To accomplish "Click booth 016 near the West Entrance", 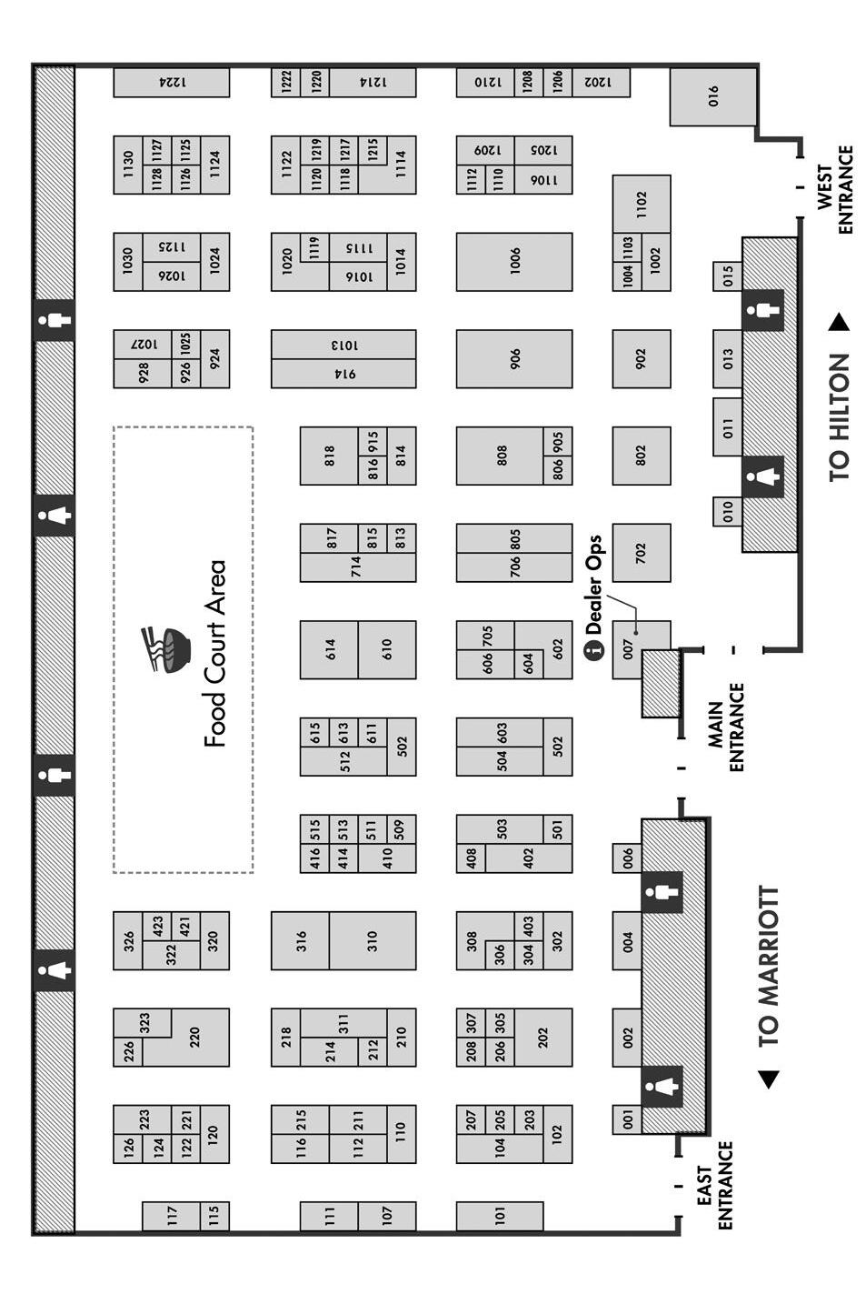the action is [712, 95].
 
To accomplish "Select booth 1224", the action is [171, 82].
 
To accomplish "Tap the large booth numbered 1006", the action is [514, 262].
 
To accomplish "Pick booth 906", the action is [514, 358].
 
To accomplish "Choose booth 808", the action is [501, 456].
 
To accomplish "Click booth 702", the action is [641, 552].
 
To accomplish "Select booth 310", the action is [372, 940].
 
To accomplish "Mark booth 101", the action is [499, 1216].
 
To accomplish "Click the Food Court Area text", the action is [214, 654].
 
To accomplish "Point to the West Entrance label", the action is [835, 189].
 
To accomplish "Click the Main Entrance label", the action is [726, 727].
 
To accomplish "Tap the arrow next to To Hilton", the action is [839, 322].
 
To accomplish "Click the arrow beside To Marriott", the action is [769, 1078].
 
